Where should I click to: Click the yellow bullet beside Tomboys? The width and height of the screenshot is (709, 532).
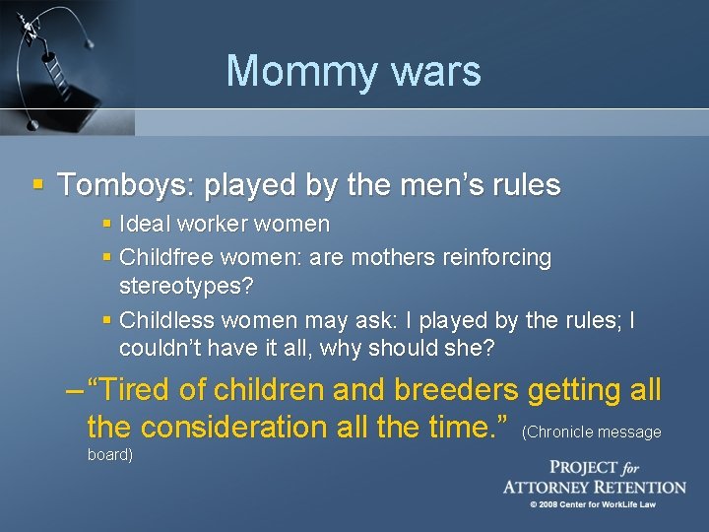tap(38, 184)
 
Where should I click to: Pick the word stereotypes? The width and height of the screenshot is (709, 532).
tap(185, 287)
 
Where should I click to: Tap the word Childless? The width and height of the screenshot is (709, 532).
tap(165, 320)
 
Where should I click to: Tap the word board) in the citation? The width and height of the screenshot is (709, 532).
tap(109, 455)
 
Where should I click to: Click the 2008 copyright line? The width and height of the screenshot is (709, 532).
tap(594, 504)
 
